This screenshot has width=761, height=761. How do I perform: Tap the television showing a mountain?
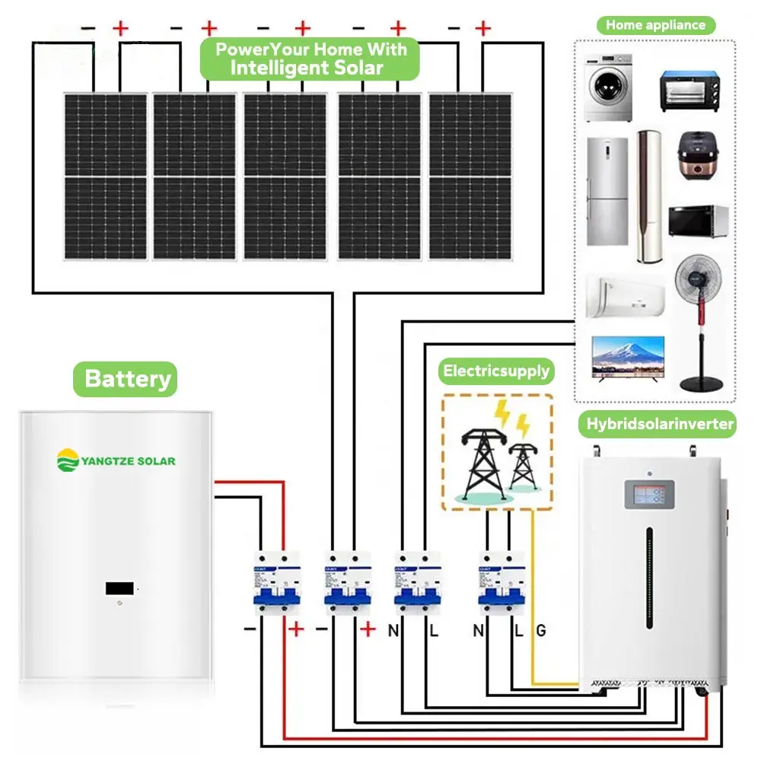[629, 357]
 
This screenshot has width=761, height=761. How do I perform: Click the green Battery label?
[126, 379]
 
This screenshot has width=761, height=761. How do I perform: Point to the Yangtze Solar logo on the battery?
[116, 460]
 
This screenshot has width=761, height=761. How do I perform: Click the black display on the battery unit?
[121, 588]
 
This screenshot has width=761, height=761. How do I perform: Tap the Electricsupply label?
[496, 371]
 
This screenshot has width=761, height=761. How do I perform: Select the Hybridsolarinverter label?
[660, 424]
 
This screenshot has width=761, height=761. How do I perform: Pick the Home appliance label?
[655, 25]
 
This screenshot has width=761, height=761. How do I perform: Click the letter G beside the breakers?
[540, 630]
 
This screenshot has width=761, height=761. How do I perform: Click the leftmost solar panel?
[105, 177]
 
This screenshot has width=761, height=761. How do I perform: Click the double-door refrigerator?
[607, 192]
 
